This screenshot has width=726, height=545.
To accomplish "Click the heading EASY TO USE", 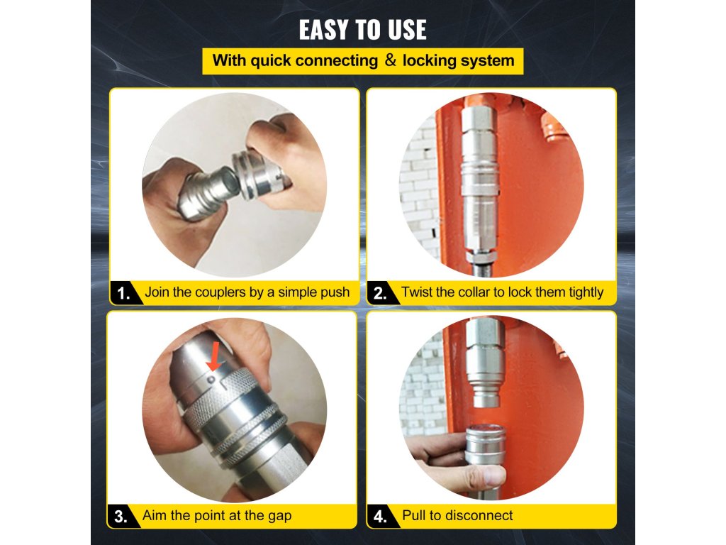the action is click(x=362, y=30).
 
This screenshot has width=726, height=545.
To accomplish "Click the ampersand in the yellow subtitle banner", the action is click(x=391, y=60).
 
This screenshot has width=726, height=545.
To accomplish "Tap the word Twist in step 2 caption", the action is click(x=417, y=292).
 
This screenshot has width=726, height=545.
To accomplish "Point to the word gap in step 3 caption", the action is click(x=279, y=517).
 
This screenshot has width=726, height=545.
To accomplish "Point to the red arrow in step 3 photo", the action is click(x=215, y=356).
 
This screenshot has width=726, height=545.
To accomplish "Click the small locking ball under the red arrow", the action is click(x=211, y=379).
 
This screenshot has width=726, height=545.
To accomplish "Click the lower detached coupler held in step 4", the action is click(x=485, y=445).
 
